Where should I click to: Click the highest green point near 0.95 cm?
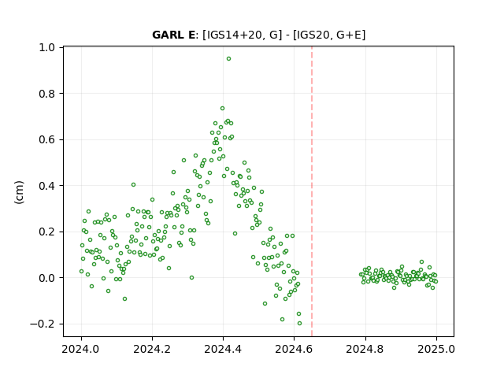[228, 59]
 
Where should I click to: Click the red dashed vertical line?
[312, 191]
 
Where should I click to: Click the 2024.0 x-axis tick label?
[81, 349]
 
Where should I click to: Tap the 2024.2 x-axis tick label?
[152, 349]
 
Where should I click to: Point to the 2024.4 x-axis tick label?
[223, 349]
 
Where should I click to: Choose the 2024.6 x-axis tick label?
[294, 349]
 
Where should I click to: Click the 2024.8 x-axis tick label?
[365, 349]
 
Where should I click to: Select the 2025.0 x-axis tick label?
[436, 349]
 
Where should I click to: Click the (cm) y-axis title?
[19, 192]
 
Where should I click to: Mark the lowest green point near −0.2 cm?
[299, 324]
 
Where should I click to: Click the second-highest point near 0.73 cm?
[222, 109]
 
